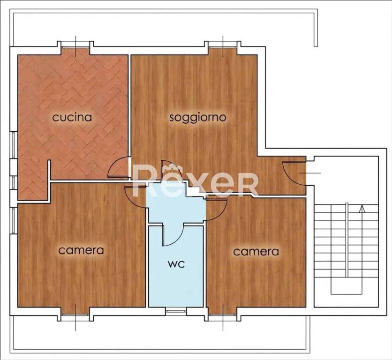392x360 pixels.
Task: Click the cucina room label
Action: pos(72,117)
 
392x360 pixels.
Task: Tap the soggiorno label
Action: pos(197,117)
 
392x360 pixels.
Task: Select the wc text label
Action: pos(176,264)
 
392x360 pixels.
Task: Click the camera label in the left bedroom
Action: pos(81,250)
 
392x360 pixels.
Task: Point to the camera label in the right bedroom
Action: pos(256,252)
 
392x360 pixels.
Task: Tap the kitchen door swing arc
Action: pos(119,168)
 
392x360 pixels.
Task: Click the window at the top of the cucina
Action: pos(75,45)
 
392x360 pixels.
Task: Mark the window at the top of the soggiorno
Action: pos(223,45)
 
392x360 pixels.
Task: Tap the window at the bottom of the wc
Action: pos(176,310)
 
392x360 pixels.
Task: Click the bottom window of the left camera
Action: pos(75,317)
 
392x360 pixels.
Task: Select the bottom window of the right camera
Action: pos(223,317)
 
